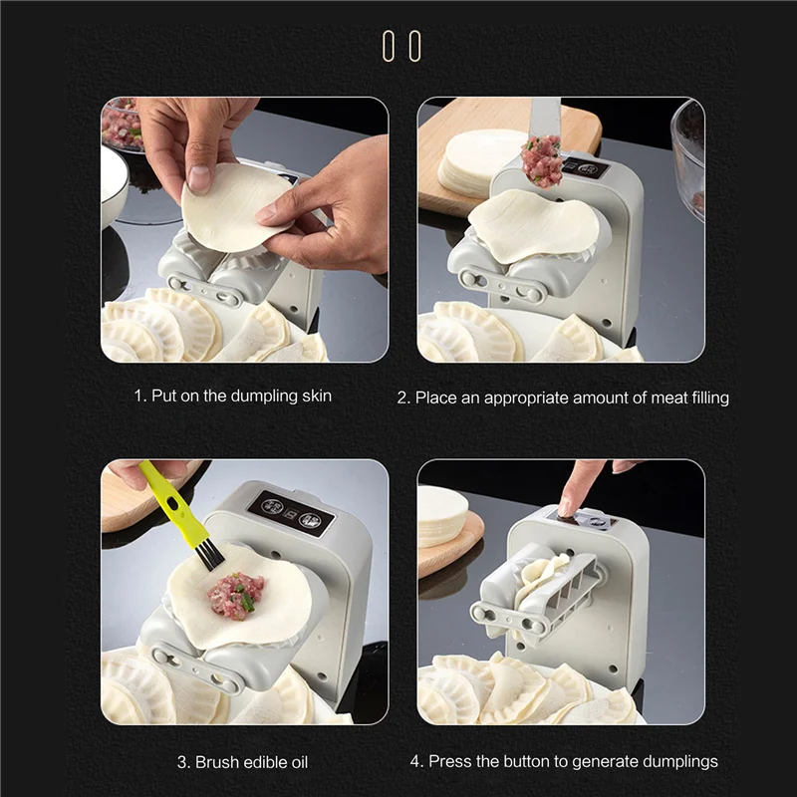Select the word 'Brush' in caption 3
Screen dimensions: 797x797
[217, 762]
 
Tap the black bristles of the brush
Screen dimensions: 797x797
[209, 555]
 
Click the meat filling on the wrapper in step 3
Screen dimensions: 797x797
[236, 595]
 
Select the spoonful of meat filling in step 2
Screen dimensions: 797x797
[542, 160]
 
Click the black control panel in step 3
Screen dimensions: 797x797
[290, 513]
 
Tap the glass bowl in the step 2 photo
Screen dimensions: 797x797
[688, 157]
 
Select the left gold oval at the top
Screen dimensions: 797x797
[389, 46]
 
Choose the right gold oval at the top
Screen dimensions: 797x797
[414, 46]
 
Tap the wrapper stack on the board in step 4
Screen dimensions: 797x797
[441, 516]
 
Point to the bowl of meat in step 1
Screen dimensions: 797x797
[122, 124]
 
